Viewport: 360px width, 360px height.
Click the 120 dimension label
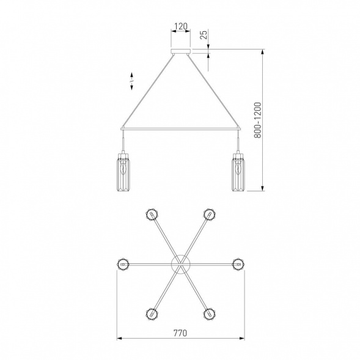pos(181,26)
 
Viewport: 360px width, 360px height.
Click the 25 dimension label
pos(204,34)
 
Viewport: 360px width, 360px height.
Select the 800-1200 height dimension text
pos(257,120)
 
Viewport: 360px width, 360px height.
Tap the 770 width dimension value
pos(180,332)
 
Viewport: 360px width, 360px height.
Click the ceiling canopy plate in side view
pos(181,51)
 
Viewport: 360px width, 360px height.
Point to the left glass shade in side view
pos(123,172)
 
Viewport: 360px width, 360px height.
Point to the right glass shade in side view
pos(238,172)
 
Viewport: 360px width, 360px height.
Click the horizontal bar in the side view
pos(181,129)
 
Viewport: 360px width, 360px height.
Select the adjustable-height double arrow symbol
pos(132,81)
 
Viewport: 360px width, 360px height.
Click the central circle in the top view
pos(181,264)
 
